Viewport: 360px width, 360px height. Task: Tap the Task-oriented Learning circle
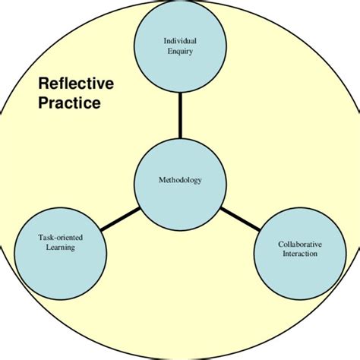tap(61, 245)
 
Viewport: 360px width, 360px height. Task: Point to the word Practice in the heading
tap(69, 103)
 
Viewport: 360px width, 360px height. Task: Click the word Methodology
tap(180, 180)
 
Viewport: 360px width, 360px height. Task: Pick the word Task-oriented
tap(61, 238)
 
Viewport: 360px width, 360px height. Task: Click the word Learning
tap(61, 248)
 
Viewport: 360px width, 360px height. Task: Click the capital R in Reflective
tap(44, 84)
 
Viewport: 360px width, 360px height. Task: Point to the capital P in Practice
tap(43, 103)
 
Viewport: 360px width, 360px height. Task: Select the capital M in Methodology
tap(162, 180)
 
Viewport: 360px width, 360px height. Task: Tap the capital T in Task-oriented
tap(41, 238)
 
